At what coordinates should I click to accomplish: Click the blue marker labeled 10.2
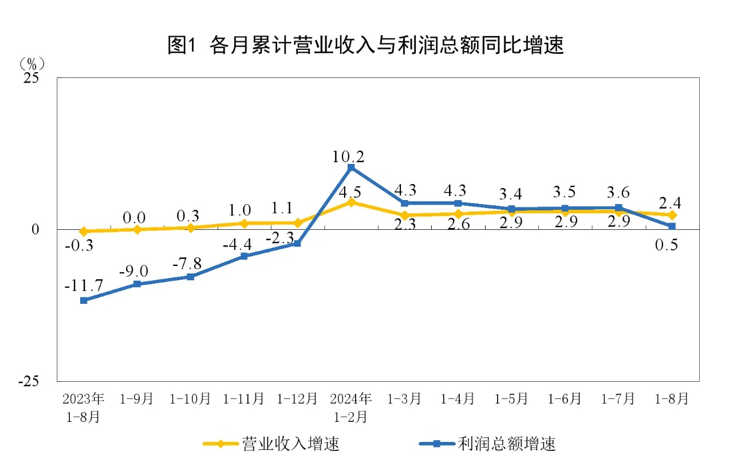point(351,167)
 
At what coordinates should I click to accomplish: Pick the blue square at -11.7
point(84,300)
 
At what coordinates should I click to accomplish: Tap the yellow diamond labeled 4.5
point(351,202)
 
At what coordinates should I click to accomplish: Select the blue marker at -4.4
point(244,256)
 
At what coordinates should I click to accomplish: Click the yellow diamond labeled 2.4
point(672,215)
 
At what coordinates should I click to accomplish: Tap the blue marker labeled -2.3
point(297,244)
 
